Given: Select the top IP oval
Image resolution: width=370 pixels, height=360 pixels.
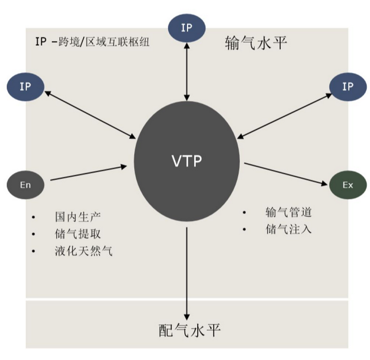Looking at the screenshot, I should pos(187,28).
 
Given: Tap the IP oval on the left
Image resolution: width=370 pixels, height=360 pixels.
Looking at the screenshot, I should pos(25,88).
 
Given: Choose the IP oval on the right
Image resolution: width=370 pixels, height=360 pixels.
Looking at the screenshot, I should pos(347,87).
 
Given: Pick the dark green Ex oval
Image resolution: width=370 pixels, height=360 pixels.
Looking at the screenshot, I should pos(347,185).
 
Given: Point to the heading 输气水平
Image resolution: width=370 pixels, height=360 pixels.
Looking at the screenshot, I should pos(256,43).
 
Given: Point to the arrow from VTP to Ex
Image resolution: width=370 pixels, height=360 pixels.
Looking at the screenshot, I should pos(286,173).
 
